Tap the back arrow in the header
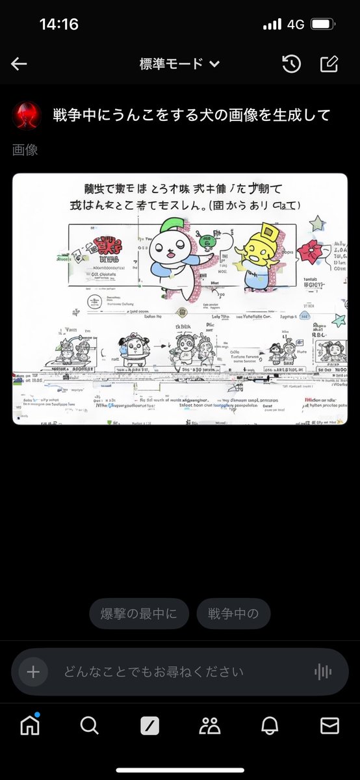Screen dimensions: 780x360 point(19,64)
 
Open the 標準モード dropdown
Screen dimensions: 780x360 point(179,64)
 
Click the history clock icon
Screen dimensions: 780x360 point(291,64)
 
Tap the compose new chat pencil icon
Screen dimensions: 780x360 point(329,64)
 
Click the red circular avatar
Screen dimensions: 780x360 point(26,115)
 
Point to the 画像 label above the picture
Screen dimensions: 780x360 point(25,150)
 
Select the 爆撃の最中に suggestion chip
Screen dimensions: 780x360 point(138,614)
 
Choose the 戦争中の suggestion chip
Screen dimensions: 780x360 point(233,614)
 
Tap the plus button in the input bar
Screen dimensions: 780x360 point(33,672)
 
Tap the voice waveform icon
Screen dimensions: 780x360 point(322,672)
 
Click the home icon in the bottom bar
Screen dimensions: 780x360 point(30,725)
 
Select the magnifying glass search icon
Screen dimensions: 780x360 point(89,725)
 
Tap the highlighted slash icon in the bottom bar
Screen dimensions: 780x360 point(149,725)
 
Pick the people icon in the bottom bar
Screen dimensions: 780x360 point(210,725)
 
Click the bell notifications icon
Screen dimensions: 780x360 point(270,725)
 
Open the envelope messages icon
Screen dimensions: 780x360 point(329,725)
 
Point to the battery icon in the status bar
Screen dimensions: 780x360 point(322,25)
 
